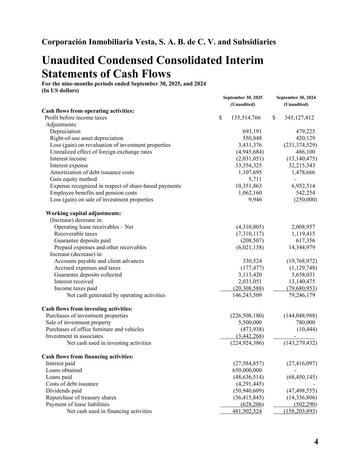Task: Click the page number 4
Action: click(316, 442)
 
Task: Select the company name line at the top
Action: click(159, 42)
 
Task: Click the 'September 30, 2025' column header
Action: click(243, 98)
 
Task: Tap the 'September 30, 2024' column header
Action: click(296, 98)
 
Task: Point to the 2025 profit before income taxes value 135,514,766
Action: click(246, 118)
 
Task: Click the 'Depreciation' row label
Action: click(65, 131)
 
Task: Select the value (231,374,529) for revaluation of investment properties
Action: click(300, 145)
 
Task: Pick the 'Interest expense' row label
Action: click(69, 166)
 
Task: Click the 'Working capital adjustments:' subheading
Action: click(83, 213)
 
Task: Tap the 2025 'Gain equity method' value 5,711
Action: click(255, 179)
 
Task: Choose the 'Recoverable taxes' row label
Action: click(75, 234)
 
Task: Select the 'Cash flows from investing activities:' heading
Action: click(87, 309)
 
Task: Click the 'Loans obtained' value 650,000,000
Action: click(247, 370)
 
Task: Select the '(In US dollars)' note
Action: click(60, 90)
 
